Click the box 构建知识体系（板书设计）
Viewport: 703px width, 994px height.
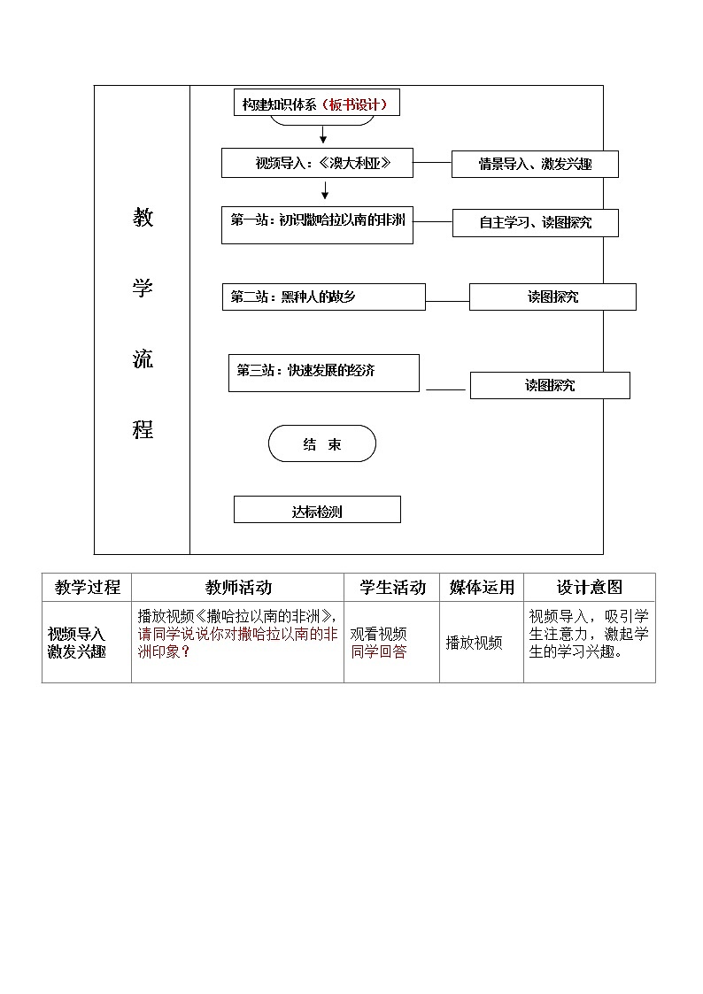[315, 104]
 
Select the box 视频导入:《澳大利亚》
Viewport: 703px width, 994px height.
[317, 163]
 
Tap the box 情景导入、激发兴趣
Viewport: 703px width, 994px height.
[535, 164]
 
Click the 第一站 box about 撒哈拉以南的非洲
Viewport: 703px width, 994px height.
[317, 224]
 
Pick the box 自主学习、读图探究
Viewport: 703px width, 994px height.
[535, 222]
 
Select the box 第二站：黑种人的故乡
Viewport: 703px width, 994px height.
[323, 297]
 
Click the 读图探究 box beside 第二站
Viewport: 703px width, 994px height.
[552, 297]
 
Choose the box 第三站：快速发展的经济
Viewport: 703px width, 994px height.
[323, 372]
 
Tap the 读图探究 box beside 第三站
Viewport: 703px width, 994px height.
[550, 385]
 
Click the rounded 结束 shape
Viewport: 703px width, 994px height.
[322, 444]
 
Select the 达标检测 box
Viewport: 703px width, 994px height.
[317, 510]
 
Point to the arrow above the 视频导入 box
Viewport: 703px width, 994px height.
[323, 135]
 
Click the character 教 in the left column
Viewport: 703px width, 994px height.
[143, 218]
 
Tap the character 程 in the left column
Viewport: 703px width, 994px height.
[143, 430]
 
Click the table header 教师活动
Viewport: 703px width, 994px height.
[238, 587]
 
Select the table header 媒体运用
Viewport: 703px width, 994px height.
[482, 587]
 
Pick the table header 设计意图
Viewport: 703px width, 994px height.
[590, 587]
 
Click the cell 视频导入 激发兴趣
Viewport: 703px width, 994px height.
[77, 643]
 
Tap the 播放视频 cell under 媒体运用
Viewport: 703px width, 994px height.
[474, 643]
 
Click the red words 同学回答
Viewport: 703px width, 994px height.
[379, 652]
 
